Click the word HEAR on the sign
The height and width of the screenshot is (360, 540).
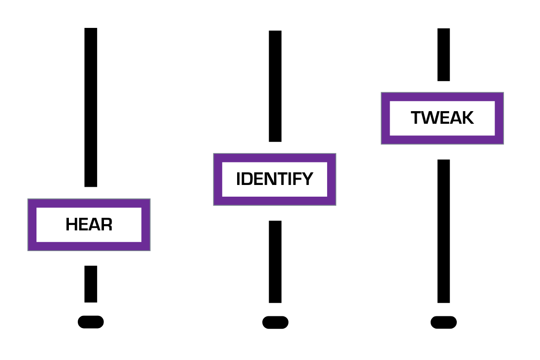click(x=89, y=225)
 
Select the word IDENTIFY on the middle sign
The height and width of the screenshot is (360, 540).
click(x=274, y=179)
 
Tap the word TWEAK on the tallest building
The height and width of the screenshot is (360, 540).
click(x=442, y=118)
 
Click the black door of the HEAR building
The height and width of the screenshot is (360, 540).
click(x=90, y=284)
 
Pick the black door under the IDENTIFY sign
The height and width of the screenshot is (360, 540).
click(x=275, y=261)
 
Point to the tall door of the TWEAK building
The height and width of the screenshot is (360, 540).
click(x=443, y=231)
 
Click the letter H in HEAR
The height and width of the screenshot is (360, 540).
click(x=71, y=225)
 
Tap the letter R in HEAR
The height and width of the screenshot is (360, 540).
click(x=107, y=225)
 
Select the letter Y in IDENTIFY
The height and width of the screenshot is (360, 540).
click(x=307, y=179)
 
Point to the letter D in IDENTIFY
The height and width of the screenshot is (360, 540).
click(x=247, y=179)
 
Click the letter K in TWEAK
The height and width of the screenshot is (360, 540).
click(x=468, y=118)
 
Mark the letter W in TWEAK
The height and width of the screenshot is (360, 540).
click(x=428, y=118)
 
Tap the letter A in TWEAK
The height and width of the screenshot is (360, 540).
click(x=454, y=118)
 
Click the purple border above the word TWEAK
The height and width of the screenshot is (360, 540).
click(x=442, y=97)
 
